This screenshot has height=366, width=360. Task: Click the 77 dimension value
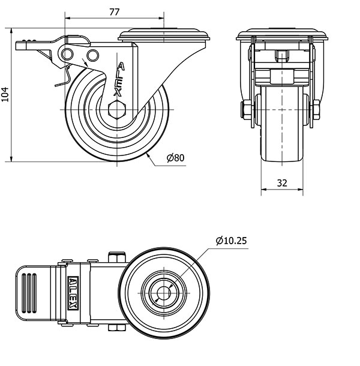tap(115, 12)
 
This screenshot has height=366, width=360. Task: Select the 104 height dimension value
tap(5, 94)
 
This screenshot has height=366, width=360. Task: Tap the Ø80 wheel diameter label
tap(176, 158)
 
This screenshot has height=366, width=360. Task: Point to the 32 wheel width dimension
tap(282, 183)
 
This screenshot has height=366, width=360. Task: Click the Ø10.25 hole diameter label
tap(231, 241)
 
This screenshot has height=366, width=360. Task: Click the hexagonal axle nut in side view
tap(117, 110)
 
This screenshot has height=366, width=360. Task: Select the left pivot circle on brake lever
tap(67, 55)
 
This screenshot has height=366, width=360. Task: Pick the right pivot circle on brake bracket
tap(92, 56)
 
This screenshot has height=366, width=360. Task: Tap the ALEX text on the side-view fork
tap(119, 79)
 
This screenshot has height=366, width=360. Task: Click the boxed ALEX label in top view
tap(73, 293)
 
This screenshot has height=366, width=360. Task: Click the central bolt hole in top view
tap(164, 293)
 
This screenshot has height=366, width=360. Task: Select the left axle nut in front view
tap(247, 110)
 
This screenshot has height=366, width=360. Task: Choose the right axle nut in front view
tap(316, 110)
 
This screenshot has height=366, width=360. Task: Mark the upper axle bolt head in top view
tap(117, 257)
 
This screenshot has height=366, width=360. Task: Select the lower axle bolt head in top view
tap(117, 328)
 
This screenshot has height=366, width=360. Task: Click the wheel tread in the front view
tap(282, 124)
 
